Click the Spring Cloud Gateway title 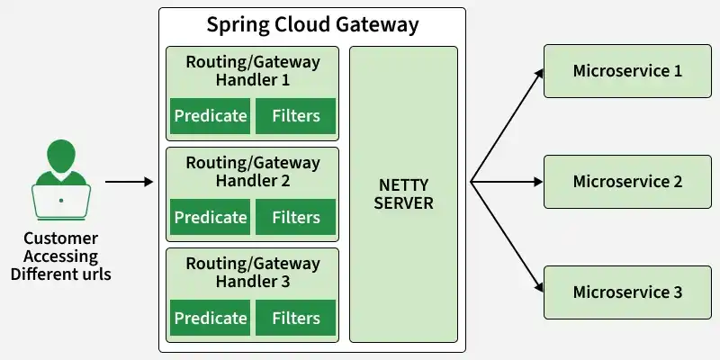pos(312,25)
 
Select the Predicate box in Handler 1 pos(211,116)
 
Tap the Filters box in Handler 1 pos(296,116)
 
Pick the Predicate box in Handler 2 pos(211,217)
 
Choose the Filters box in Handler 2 pos(296,217)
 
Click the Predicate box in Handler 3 pos(211,318)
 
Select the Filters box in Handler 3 pos(296,318)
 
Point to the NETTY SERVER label pos(403,193)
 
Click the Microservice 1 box pos(627,71)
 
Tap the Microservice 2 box pos(627,182)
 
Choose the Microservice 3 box pos(627,292)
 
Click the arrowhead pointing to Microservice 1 pos(539,74)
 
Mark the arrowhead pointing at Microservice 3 pos(539,287)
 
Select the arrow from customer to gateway pos(129,182)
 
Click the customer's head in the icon pos(61,156)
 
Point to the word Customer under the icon pos(60,238)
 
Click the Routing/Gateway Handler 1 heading pos(253,71)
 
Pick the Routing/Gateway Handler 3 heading pos(253,273)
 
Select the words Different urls pos(60,274)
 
